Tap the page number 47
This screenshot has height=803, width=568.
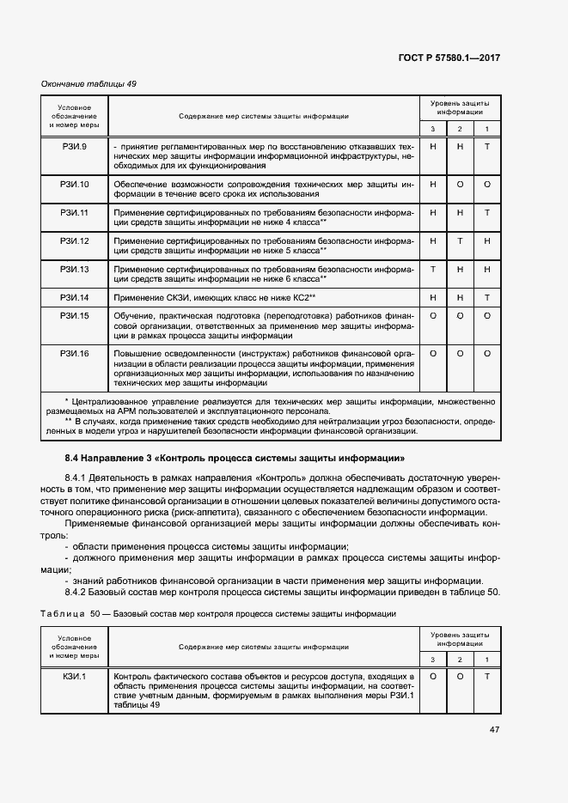(x=494, y=730)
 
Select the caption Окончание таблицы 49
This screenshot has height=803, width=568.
(x=89, y=83)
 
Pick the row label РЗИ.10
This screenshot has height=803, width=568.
(x=74, y=184)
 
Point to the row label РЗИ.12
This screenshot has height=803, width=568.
(x=74, y=240)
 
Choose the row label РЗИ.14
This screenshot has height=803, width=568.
(x=74, y=296)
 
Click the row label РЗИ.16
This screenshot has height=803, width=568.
(x=74, y=353)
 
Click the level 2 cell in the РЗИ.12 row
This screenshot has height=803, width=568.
(x=460, y=240)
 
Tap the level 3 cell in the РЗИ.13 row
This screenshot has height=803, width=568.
(x=433, y=269)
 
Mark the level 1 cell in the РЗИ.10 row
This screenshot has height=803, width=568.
(x=486, y=184)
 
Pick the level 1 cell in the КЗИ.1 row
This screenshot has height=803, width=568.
(x=486, y=676)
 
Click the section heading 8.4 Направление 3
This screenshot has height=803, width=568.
(x=231, y=457)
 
